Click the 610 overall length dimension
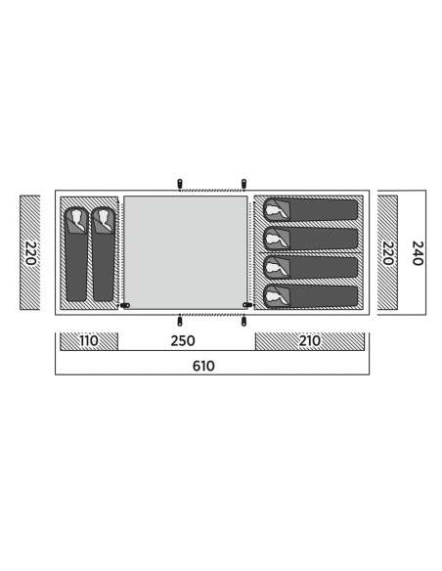tap(203, 366)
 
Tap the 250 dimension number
tap(183, 341)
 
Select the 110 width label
tap(89, 341)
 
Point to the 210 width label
tap(310, 341)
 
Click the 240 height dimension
tap(418, 253)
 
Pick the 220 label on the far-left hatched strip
tap(30, 253)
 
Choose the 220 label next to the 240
tap(387, 253)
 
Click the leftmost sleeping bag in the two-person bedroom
tap(76, 254)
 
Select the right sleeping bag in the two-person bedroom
tap(104, 254)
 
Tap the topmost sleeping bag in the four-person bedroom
tap(311, 209)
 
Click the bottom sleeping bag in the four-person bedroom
tap(311, 296)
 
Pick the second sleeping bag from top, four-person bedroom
tap(311, 239)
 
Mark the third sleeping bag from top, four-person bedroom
tap(311, 267)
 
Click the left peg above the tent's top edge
tap(180, 183)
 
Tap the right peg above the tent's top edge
tap(243, 183)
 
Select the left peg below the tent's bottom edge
tap(180, 321)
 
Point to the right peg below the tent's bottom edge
tap(243, 321)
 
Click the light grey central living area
tap(186, 252)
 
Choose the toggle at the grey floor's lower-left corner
tap(125, 305)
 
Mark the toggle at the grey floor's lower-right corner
tap(247, 305)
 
